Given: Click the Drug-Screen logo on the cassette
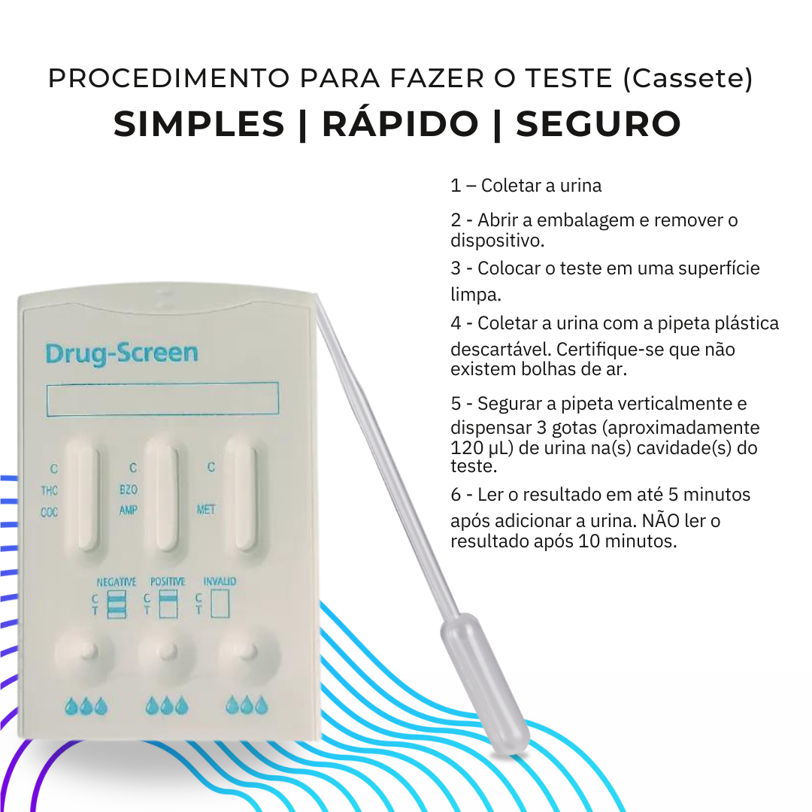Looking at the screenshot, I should (121, 353).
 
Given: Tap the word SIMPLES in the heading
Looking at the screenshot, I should (199, 124).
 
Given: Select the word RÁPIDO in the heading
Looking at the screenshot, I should (400, 124).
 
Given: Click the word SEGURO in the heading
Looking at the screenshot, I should (598, 124).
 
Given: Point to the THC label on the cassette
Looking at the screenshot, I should (50, 491).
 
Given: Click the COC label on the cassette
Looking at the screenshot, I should (50, 513).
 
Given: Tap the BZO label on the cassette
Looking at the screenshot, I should (129, 489).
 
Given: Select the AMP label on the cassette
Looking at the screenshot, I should (129, 509).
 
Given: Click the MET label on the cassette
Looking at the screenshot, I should (206, 509).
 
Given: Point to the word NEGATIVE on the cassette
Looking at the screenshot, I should (117, 582).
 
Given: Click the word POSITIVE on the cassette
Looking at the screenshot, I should (167, 582).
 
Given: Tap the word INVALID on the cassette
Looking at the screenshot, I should (220, 582).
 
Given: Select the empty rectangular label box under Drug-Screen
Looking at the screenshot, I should (162, 398).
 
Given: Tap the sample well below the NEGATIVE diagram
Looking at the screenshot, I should (86, 651).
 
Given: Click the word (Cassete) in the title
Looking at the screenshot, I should (688, 78).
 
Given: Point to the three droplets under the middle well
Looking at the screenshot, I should (167, 706).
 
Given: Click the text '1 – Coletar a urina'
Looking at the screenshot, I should (526, 185).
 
